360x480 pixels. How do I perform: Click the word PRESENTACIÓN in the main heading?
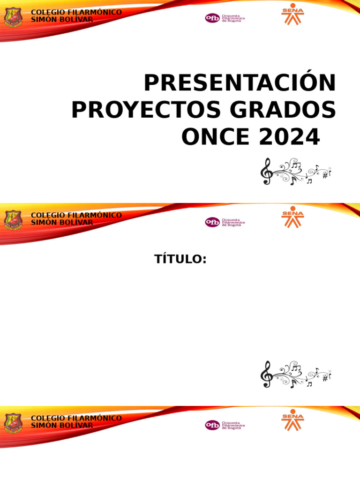coord(240,83)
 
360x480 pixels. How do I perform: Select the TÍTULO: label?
coord(180,259)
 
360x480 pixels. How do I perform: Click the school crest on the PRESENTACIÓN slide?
coord(13,17)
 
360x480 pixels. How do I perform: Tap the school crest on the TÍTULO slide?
coord(13,220)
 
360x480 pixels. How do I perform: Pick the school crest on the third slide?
coord(13,423)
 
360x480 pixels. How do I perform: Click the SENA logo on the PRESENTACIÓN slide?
coord(292,14)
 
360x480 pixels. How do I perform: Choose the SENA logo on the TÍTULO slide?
coord(292,217)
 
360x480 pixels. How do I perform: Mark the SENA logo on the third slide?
coord(292,420)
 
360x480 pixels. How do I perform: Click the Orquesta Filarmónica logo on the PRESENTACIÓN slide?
coord(225,18)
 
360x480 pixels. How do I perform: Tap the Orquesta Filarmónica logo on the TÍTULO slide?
coord(225,222)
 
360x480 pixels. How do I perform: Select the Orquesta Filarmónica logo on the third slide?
coord(225,425)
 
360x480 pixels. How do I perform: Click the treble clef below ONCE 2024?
coord(266,172)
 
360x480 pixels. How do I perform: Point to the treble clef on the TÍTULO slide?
coord(266,375)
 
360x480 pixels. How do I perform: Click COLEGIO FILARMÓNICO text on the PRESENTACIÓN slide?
coord(76,12)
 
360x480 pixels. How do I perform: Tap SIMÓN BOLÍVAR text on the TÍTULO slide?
coord(61,222)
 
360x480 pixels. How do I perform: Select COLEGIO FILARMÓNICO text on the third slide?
coord(76,418)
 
